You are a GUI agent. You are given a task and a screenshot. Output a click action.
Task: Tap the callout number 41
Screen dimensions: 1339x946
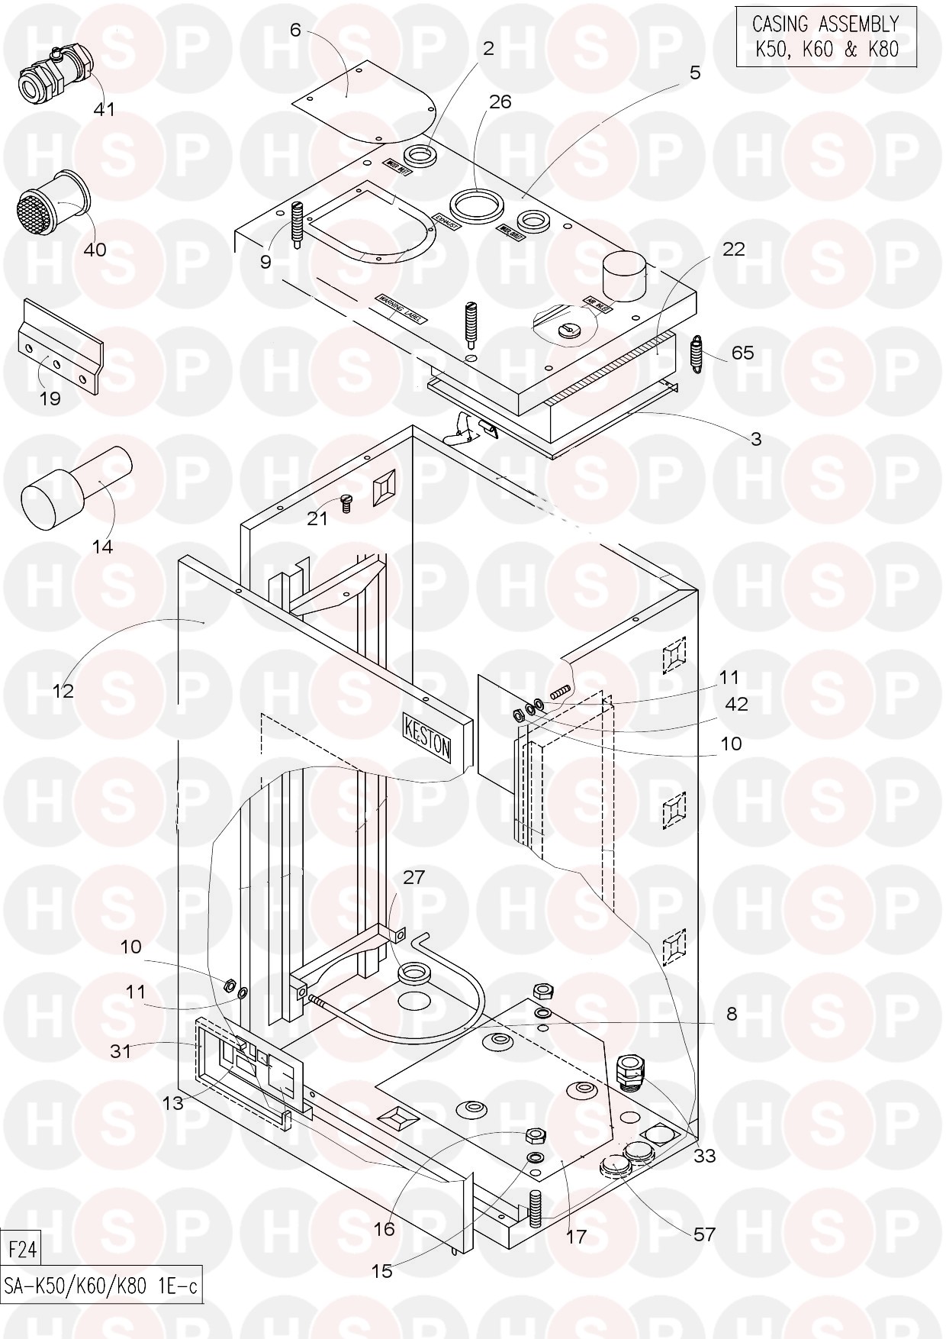pos(104,109)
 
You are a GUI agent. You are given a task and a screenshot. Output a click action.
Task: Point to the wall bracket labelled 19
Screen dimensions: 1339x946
pos(60,347)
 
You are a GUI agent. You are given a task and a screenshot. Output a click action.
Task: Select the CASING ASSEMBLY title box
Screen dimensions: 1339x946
pos(826,36)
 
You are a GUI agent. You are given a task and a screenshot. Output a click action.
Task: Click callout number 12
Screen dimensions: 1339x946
pos(63,690)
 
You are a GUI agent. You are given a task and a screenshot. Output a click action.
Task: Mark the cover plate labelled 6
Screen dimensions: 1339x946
pos(366,107)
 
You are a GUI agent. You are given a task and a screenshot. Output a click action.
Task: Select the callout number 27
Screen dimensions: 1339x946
pos(413,877)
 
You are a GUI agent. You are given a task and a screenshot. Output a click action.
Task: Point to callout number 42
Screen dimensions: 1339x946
pos(736,703)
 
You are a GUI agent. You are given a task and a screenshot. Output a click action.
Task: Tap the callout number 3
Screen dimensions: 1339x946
pos(755,439)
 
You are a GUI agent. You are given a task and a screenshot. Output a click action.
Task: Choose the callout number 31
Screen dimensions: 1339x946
pos(121,1050)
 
